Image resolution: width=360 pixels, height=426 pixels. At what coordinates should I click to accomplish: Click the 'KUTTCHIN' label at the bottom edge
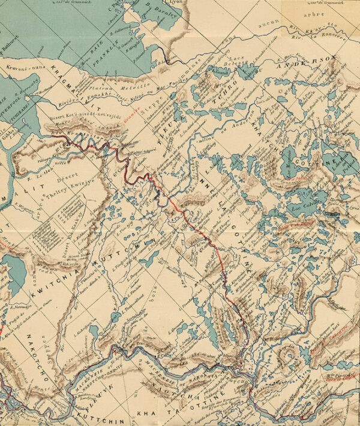click(97, 415)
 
